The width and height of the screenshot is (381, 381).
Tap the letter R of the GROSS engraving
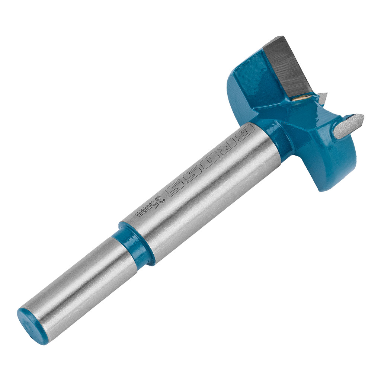tap(228, 148)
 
